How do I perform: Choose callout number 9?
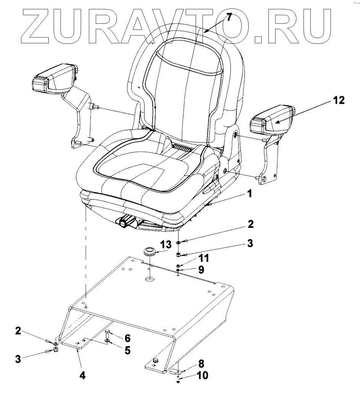coord(201,270)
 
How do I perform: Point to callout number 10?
coord(202,376)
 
